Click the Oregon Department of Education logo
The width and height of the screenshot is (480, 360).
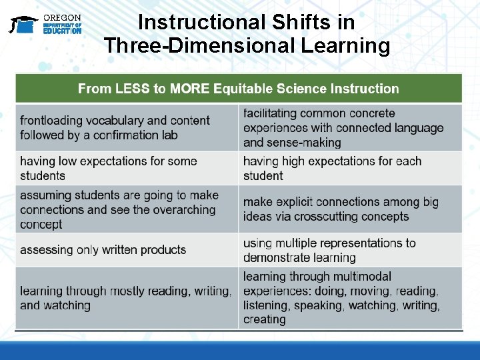coord(45,25)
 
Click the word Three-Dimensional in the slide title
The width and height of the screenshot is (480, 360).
coord(207,46)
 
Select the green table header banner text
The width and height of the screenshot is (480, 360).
coord(238,89)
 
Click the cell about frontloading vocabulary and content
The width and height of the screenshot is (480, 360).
coord(127,127)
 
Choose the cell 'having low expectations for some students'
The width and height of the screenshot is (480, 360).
coord(127,168)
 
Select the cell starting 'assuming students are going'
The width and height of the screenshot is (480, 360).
coord(127,209)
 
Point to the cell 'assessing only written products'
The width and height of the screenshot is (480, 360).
coord(127,250)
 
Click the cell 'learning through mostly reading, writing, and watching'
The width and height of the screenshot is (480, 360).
coord(127,298)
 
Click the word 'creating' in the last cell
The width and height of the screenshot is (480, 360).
coord(264,319)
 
